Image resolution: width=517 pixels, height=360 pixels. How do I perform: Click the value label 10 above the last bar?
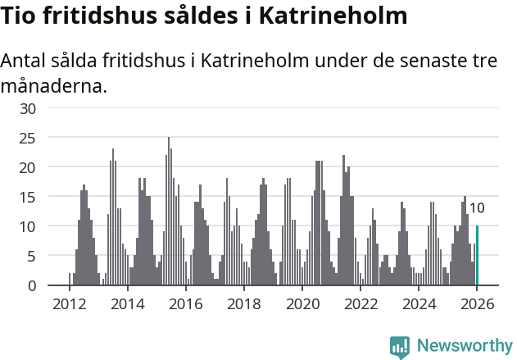(477, 208)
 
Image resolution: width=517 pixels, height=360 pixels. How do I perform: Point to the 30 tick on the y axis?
(27, 108)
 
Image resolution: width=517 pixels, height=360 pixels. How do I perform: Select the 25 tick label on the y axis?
(27, 138)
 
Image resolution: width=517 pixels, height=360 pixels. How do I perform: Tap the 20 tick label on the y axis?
(27, 167)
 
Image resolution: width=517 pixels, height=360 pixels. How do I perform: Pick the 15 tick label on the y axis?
(27, 197)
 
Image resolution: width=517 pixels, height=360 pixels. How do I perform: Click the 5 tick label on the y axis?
(31, 256)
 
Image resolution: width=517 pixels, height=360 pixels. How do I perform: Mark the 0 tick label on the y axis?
(31, 285)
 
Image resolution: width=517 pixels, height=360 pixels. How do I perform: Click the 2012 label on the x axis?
(69, 304)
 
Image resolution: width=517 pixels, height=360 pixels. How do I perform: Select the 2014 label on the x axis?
(127, 304)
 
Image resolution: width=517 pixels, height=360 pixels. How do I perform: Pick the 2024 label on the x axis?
(419, 304)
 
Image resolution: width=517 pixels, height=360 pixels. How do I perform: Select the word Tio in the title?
(19, 16)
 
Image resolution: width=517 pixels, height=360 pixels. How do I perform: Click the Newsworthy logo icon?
(400, 346)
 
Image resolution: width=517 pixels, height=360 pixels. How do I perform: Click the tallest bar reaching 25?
(169, 212)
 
